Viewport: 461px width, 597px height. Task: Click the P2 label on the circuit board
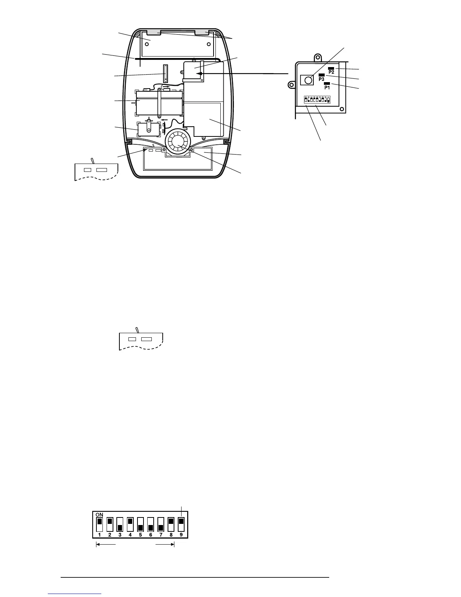pyautogui.click(x=332, y=72)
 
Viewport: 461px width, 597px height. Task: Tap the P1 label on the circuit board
pyautogui.click(x=327, y=87)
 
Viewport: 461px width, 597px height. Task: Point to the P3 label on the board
pyautogui.click(x=321, y=79)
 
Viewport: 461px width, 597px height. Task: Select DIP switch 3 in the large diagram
pyautogui.click(x=120, y=524)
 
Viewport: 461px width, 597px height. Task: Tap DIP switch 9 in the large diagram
pyautogui.click(x=181, y=524)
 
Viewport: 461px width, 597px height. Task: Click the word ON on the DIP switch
pyautogui.click(x=99, y=514)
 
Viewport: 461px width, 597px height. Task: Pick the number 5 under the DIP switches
pyautogui.click(x=140, y=534)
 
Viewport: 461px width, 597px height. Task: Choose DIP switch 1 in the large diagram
pyautogui.click(x=99, y=524)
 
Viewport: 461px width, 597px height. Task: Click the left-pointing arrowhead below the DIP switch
pyautogui.click(x=98, y=544)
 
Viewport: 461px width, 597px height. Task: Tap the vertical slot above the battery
pyautogui.click(x=165, y=73)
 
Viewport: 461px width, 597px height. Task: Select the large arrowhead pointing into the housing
pyautogui.click(x=200, y=74)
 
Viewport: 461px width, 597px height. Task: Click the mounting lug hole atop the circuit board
pyautogui.click(x=318, y=58)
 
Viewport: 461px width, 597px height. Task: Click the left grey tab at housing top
pyautogui.click(x=152, y=33)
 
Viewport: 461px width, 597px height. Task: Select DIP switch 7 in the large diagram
pyautogui.click(x=161, y=524)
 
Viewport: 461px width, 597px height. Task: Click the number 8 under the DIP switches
pyautogui.click(x=171, y=534)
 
